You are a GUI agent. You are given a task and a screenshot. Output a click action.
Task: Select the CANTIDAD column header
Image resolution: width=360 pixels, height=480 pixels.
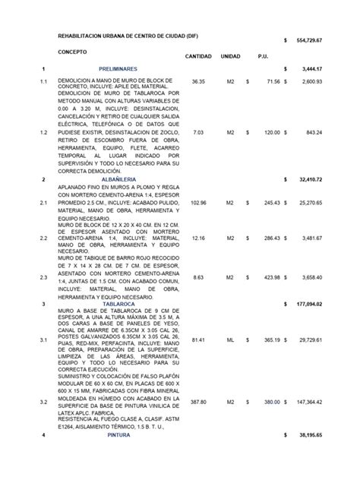coord(198,57)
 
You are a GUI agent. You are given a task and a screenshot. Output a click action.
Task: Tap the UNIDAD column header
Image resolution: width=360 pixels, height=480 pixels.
coord(231,57)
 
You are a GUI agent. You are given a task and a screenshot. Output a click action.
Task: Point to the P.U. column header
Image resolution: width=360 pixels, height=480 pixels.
coord(263,57)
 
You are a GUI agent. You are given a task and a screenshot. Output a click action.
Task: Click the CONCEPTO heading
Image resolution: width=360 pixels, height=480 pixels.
coord(73,52)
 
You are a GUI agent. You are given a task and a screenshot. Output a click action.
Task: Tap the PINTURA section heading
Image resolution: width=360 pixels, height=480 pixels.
coord(118,435)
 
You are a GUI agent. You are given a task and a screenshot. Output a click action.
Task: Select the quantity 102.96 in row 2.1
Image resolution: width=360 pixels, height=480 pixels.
coord(198,203)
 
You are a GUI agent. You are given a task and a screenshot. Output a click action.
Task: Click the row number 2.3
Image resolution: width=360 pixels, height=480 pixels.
coord(43,278)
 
